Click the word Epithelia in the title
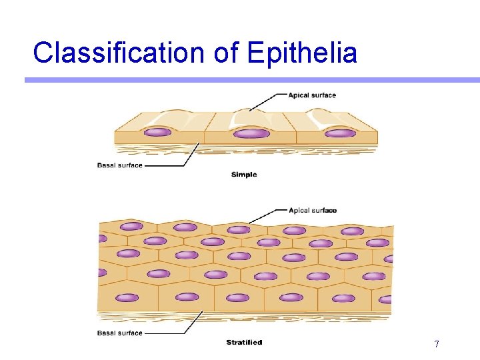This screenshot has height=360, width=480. (x=302, y=53)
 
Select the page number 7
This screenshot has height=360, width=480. (x=436, y=344)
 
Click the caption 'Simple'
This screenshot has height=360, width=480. (x=243, y=175)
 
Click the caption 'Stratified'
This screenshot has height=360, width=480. (x=244, y=343)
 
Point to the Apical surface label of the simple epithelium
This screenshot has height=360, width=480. (x=312, y=95)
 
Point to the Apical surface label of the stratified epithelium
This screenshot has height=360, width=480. (x=312, y=211)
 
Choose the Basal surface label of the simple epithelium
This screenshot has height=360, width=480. (x=120, y=165)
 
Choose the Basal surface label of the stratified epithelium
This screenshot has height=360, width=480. (x=120, y=333)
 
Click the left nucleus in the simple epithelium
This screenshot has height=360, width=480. (x=157, y=132)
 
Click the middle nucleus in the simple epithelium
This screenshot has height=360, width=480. (x=251, y=133)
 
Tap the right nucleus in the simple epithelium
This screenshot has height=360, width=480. (x=340, y=133)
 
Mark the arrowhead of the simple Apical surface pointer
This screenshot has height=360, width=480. (x=250, y=110)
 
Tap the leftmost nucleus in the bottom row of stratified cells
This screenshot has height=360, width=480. (x=127, y=297)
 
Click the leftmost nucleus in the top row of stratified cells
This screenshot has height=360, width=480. (x=131, y=227)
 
